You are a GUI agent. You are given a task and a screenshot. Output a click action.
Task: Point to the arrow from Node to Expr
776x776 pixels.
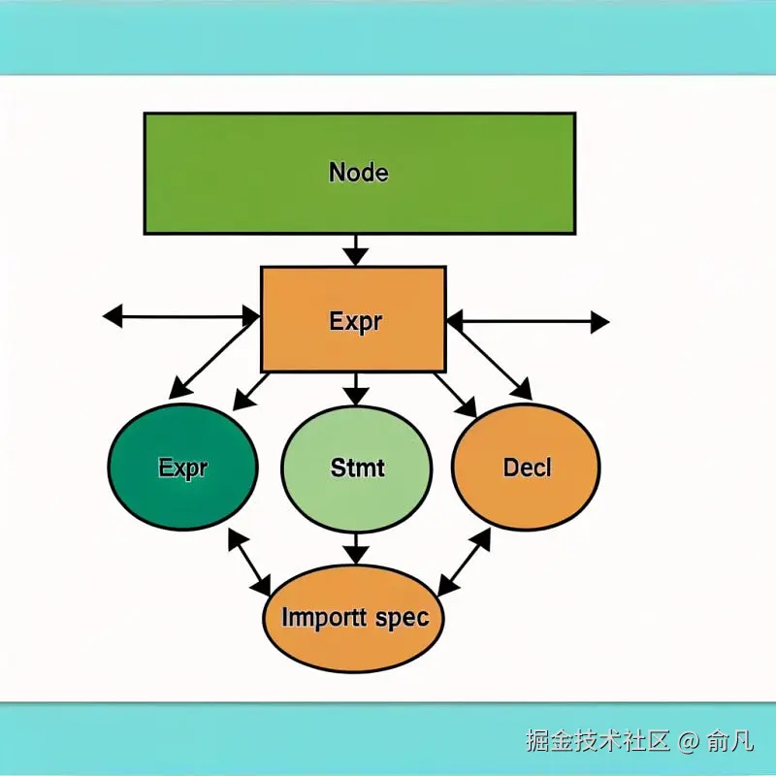pyautogui.click(x=356, y=249)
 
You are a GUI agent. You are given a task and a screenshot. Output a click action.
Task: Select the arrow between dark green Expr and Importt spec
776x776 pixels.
pyautogui.click(x=249, y=562)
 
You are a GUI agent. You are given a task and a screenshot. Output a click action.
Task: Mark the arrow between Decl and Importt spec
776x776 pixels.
pyautogui.click(x=465, y=562)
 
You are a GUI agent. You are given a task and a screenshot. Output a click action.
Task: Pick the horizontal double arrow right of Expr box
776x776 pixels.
pyautogui.click(x=528, y=321)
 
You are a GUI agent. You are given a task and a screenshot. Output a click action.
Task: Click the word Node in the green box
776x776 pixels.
pyautogui.click(x=359, y=173)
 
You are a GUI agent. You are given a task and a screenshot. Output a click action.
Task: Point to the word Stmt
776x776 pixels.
pyautogui.click(x=357, y=467)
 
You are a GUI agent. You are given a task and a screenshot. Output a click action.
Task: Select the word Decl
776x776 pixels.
pyautogui.click(x=527, y=467)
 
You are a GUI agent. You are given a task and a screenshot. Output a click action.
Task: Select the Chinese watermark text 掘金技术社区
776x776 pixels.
pyautogui.click(x=598, y=741)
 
